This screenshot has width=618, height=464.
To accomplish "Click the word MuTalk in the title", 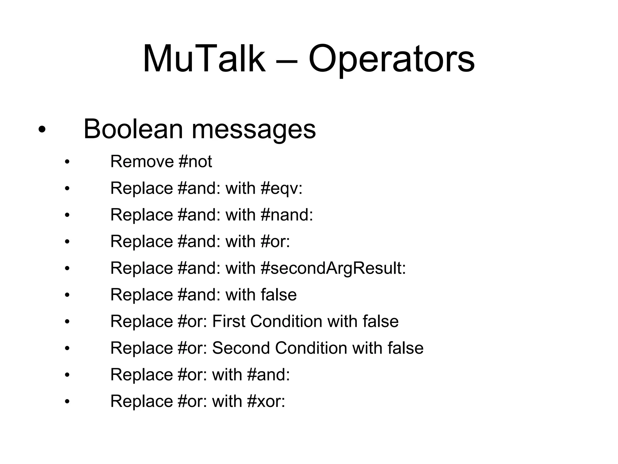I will pyautogui.click(x=204, y=59).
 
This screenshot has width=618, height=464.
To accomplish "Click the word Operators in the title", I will pyautogui.click(x=391, y=59).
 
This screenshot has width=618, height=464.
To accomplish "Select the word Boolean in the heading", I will pyautogui.click(x=133, y=129).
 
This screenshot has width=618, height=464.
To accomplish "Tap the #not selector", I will pyautogui.click(x=195, y=161).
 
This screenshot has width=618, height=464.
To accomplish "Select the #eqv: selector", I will pyautogui.click(x=281, y=188).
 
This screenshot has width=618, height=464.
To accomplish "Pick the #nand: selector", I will pyautogui.click(x=287, y=215).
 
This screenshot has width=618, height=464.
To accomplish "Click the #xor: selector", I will pyautogui.click(x=266, y=401).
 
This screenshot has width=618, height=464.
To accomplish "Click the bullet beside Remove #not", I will pyautogui.click(x=67, y=162).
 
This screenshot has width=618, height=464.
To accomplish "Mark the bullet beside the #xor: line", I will pyautogui.click(x=67, y=402).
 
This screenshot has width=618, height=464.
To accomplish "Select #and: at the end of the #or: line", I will pyautogui.click(x=268, y=375).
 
